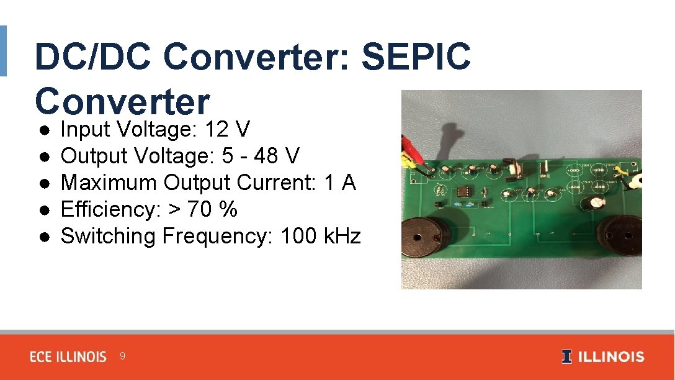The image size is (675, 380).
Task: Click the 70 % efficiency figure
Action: click(x=212, y=210)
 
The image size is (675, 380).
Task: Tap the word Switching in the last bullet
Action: click(x=108, y=236)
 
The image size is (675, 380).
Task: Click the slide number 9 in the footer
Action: click(x=122, y=356)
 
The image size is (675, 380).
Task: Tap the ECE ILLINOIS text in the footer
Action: click(x=68, y=357)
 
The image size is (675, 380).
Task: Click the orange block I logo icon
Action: click(x=567, y=357)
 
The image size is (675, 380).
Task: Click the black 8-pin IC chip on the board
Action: click(x=463, y=190)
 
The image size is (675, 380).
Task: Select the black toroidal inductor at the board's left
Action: click(x=426, y=238)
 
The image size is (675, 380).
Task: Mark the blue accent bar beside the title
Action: click(x=3, y=51)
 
